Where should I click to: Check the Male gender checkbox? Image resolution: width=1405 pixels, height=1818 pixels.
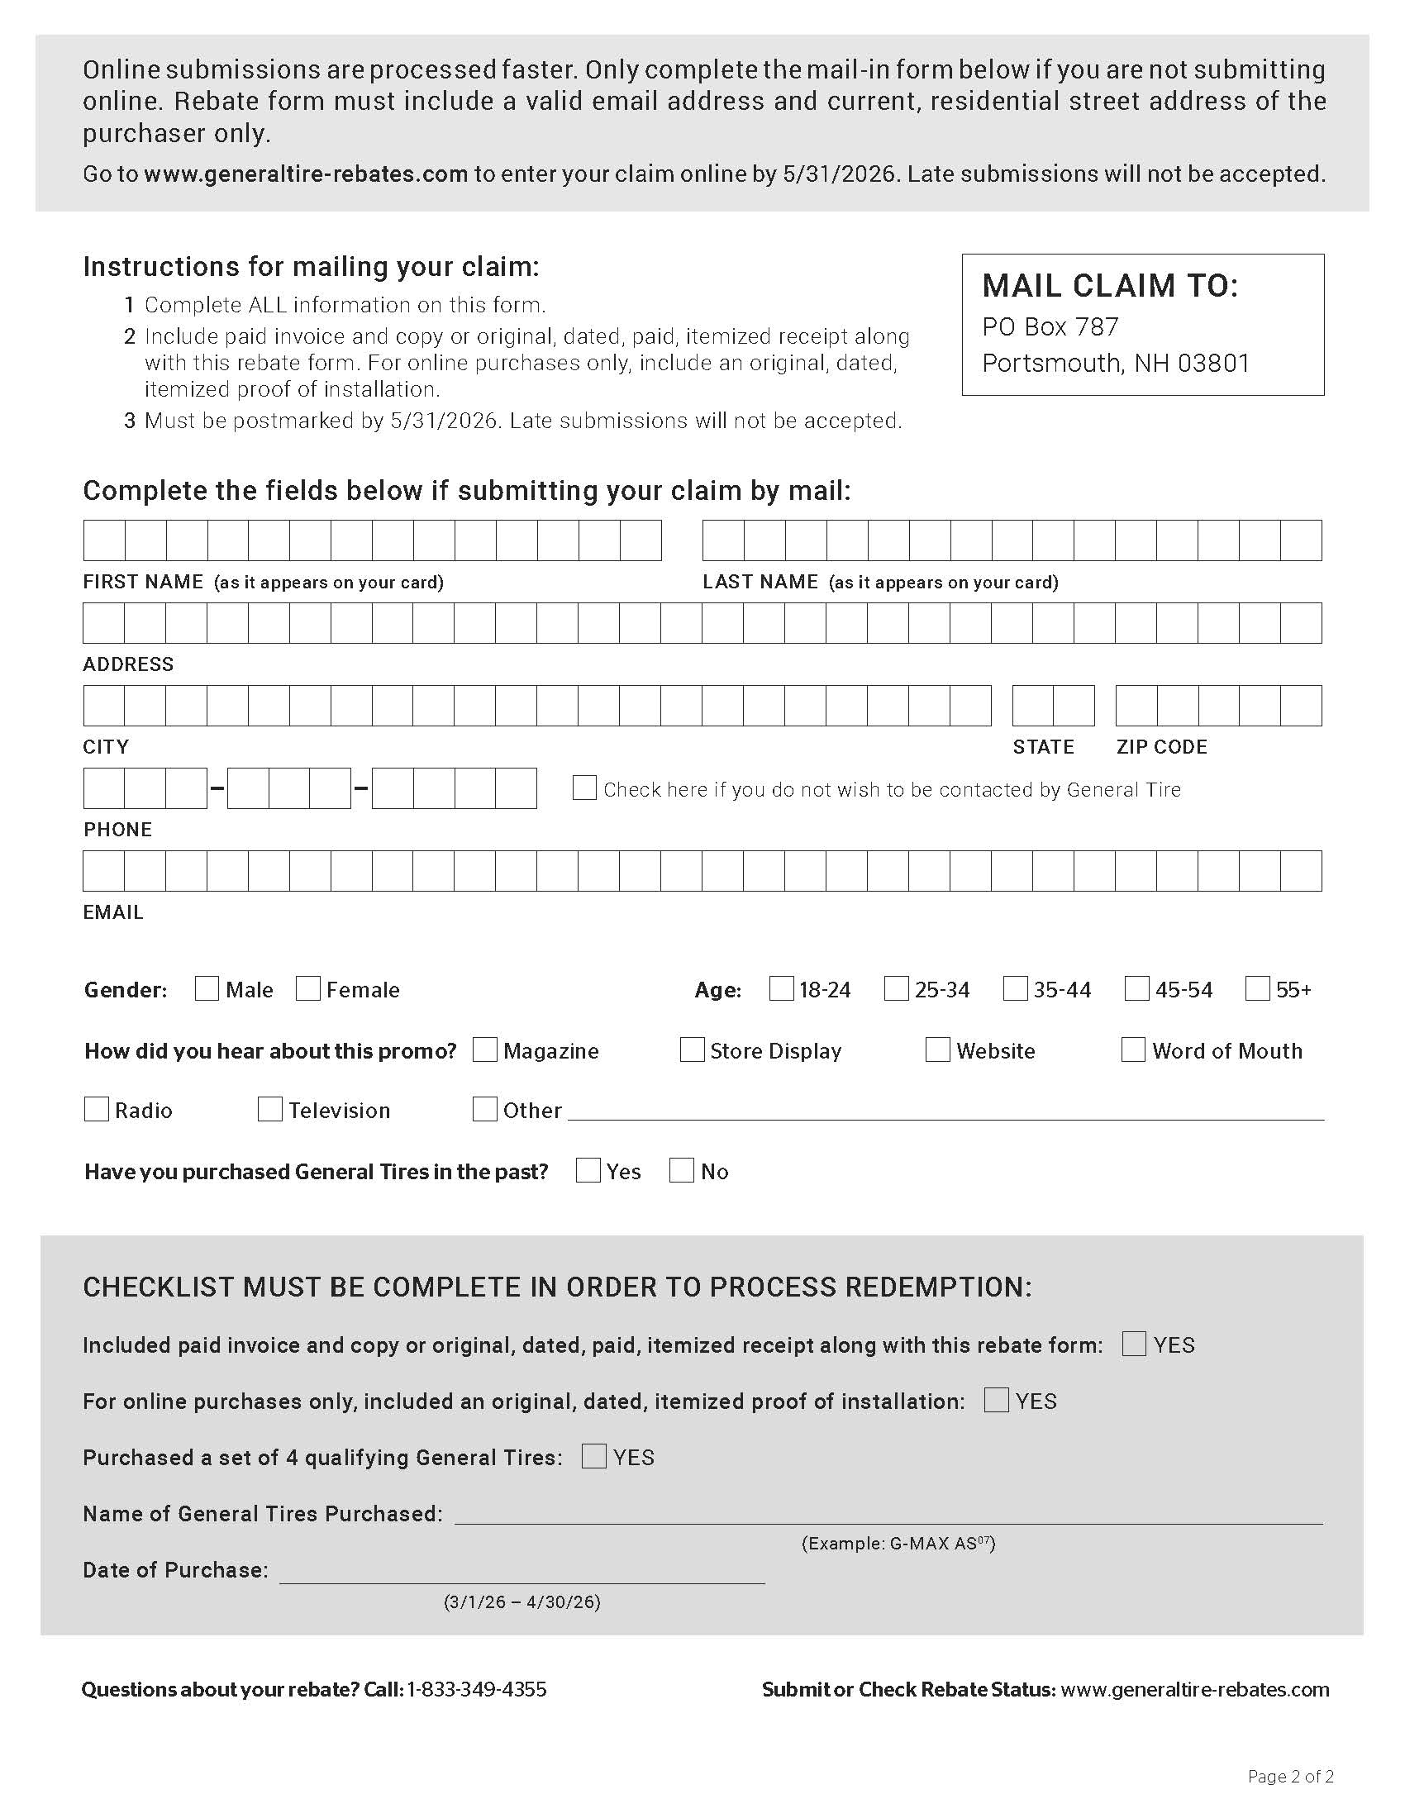pos(207,988)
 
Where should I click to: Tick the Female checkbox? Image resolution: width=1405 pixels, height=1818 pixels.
pos(308,988)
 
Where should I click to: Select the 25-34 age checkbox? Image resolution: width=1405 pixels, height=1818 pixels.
pos(896,988)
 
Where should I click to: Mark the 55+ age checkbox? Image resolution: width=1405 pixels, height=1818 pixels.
pos(1257,988)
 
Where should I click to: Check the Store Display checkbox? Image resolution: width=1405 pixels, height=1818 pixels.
pos(692,1049)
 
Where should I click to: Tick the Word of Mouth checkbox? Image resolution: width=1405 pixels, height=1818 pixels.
pos(1133,1049)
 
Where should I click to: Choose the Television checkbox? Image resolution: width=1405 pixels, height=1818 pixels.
pos(269,1109)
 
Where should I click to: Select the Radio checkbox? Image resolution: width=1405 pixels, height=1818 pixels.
pos(97,1109)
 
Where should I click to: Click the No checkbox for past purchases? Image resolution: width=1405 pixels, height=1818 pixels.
pos(682,1170)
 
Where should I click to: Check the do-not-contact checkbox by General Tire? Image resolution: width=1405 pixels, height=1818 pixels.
pos(584,788)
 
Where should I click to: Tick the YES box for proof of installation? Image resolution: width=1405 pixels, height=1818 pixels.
pos(997,1400)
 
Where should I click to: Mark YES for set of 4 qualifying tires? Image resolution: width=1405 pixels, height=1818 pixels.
pos(593,1456)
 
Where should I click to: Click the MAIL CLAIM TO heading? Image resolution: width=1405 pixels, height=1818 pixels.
pos(1109,287)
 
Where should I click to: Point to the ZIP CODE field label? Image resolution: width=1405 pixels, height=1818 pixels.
pos(1161,747)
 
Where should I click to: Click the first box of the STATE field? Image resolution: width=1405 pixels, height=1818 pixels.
pos(1033,706)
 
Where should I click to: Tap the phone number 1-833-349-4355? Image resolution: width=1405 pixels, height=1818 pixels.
pos(476,1689)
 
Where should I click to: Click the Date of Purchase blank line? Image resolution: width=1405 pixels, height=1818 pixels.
pos(522,1572)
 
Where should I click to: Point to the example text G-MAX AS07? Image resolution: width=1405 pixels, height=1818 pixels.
pos(898,1544)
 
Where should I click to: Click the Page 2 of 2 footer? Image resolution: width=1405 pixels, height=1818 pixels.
pos(1290,1777)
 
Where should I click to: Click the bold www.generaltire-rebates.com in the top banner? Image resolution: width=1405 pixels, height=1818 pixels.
pos(306,174)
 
